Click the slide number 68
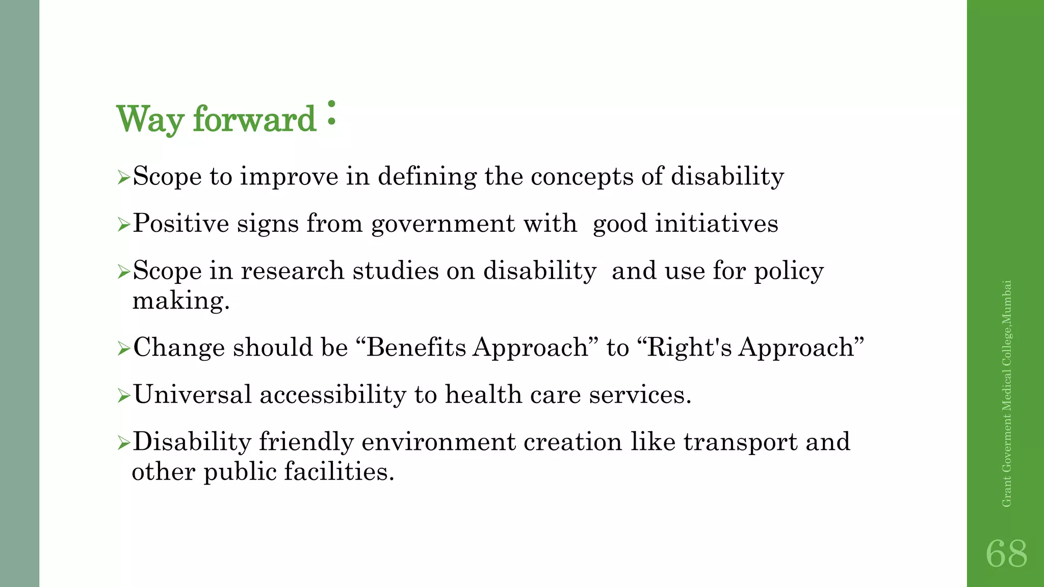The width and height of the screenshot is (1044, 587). tap(1006, 553)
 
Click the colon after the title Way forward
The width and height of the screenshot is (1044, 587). tap(331, 113)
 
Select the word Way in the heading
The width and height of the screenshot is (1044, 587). tap(150, 119)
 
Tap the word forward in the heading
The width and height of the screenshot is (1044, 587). tap(254, 119)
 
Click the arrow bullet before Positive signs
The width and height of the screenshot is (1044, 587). tap(124, 224)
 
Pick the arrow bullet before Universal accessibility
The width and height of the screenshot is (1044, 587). tap(124, 395)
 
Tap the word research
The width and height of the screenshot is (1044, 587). tap(293, 271)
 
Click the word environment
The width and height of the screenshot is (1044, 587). tap(438, 442)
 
